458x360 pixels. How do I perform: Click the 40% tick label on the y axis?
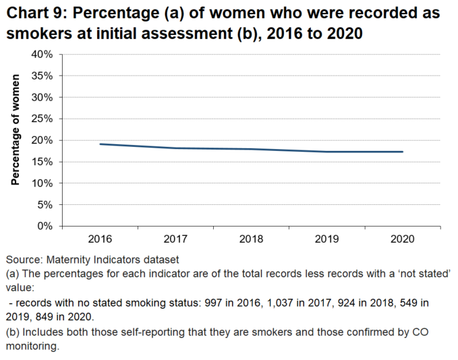[42, 55]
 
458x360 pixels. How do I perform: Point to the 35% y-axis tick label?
[42, 76]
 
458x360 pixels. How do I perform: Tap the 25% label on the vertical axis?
[42, 119]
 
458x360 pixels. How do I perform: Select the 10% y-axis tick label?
[42, 183]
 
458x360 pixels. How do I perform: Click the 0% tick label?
[45, 226]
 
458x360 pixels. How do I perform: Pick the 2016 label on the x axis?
[100, 239]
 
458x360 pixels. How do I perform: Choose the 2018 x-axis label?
[251, 239]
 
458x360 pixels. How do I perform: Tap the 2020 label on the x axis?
[403, 239]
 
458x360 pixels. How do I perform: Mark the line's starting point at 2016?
[100, 144]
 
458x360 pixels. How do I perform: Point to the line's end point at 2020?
[403, 152]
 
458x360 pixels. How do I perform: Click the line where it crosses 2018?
[251, 149]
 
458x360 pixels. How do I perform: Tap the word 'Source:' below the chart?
[24, 260]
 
